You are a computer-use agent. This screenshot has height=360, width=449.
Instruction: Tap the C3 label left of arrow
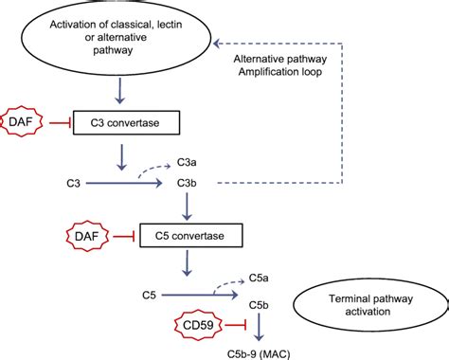pos(74,180)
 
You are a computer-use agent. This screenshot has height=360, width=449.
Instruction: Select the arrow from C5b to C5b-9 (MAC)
pos(260,328)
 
